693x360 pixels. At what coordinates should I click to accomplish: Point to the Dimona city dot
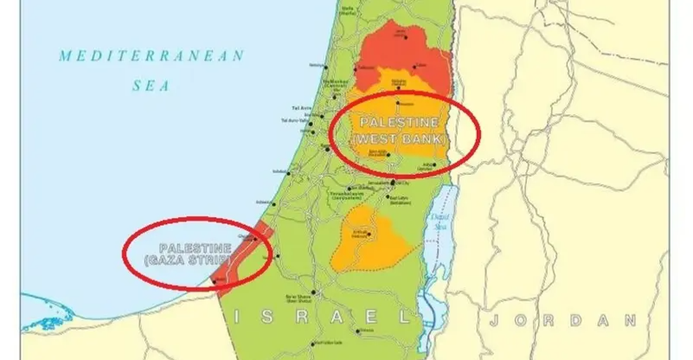coord(364,330)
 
